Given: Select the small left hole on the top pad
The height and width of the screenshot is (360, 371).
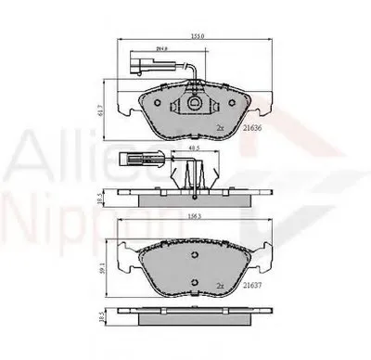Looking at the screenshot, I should click(x=160, y=102).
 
